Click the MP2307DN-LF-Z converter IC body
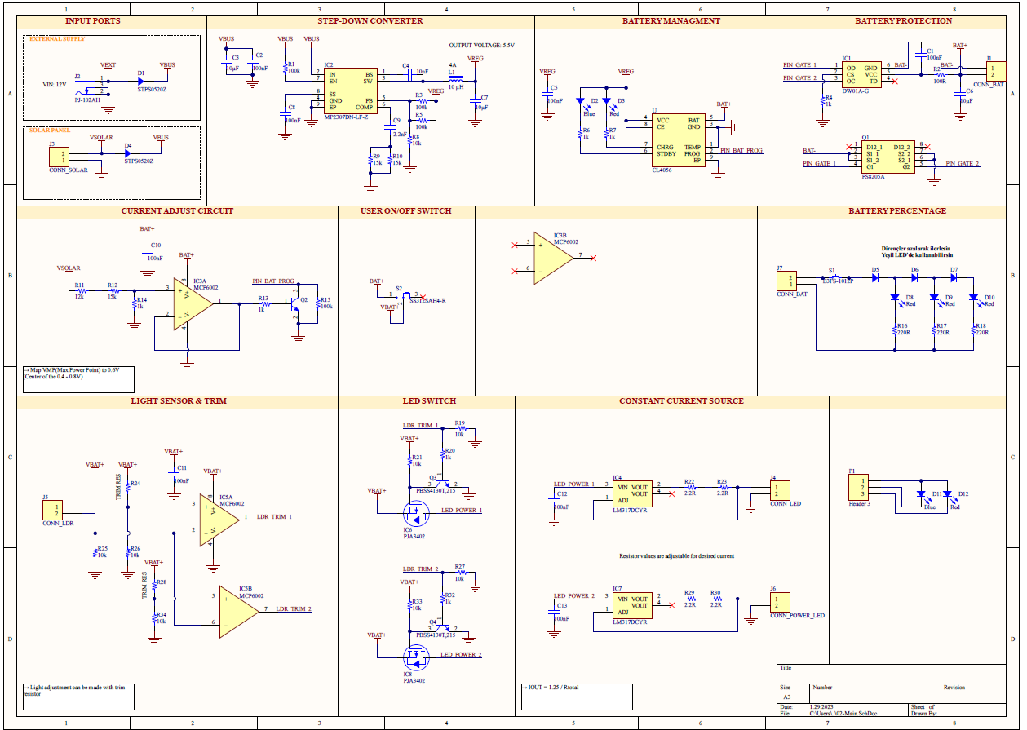coord(349,91)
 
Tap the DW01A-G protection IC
coord(861,74)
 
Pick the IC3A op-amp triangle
coord(193,303)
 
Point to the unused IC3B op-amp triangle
coord(554,258)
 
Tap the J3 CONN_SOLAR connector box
coord(59,157)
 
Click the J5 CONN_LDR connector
coord(52,511)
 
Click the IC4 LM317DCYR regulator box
coord(632,493)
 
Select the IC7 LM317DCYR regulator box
coord(632,604)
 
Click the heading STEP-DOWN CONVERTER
coord(370,20)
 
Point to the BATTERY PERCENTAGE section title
coord(897,210)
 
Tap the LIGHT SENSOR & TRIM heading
coord(179,401)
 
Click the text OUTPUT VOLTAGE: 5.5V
coord(481,46)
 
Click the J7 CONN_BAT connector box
coord(789,281)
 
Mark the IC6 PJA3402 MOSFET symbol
coord(417,514)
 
